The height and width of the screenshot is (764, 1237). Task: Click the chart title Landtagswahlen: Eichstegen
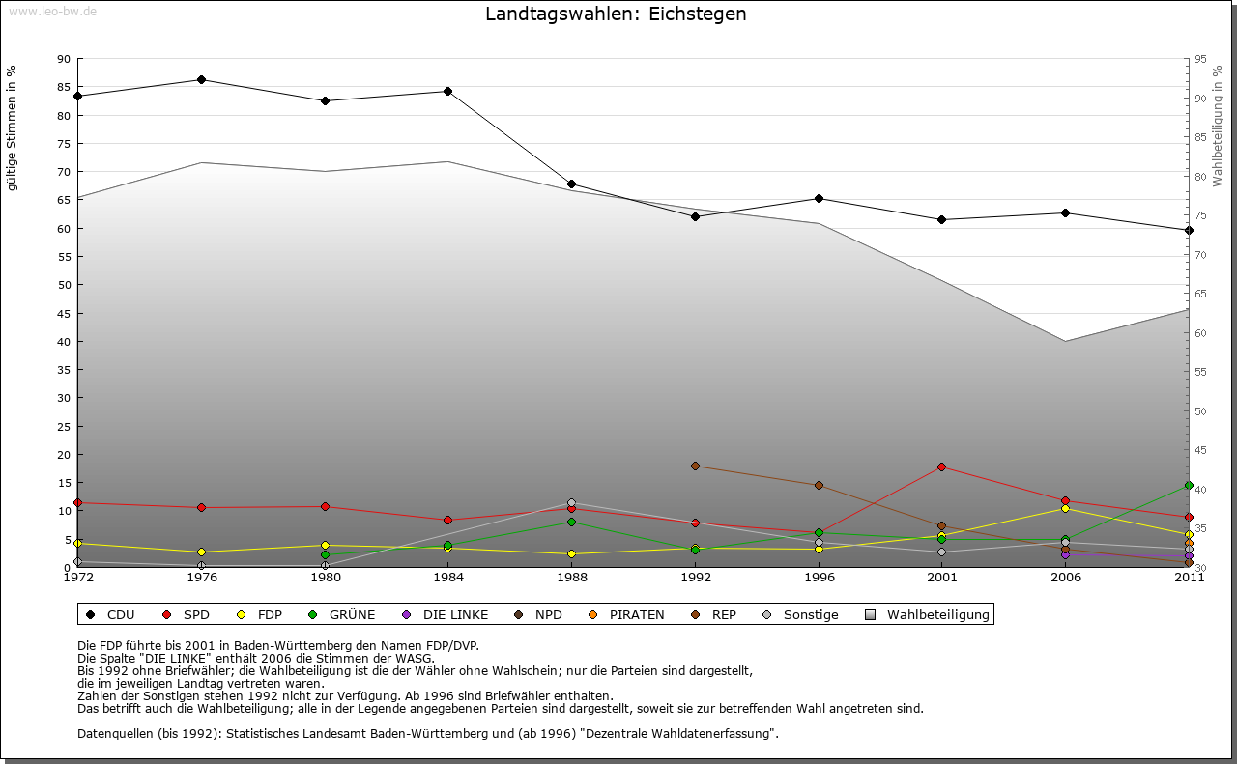[x=616, y=14]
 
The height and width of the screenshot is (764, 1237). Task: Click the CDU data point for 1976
[x=201, y=79]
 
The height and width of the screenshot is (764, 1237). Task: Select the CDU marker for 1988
[x=572, y=184]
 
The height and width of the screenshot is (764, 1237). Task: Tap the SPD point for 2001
[x=942, y=467]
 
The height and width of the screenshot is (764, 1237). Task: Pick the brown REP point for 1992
[x=696, y=466]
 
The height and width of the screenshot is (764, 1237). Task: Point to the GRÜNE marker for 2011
[x=1189, y=485]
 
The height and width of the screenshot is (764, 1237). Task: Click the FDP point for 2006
[x=1065, y=508]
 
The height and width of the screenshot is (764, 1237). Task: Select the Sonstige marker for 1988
[x=572, y=502]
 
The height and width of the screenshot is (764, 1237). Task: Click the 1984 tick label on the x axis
[x=448, y=578]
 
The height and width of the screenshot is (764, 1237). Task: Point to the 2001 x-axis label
[x=942, y=578]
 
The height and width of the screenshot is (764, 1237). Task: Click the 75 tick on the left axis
[x=63, y=144]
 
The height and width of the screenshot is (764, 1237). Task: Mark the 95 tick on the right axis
[x=1200, y=59]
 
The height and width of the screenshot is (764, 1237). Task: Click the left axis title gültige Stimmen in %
[x=13, y=128]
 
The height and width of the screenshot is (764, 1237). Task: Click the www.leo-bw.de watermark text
[x=52, y=11]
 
